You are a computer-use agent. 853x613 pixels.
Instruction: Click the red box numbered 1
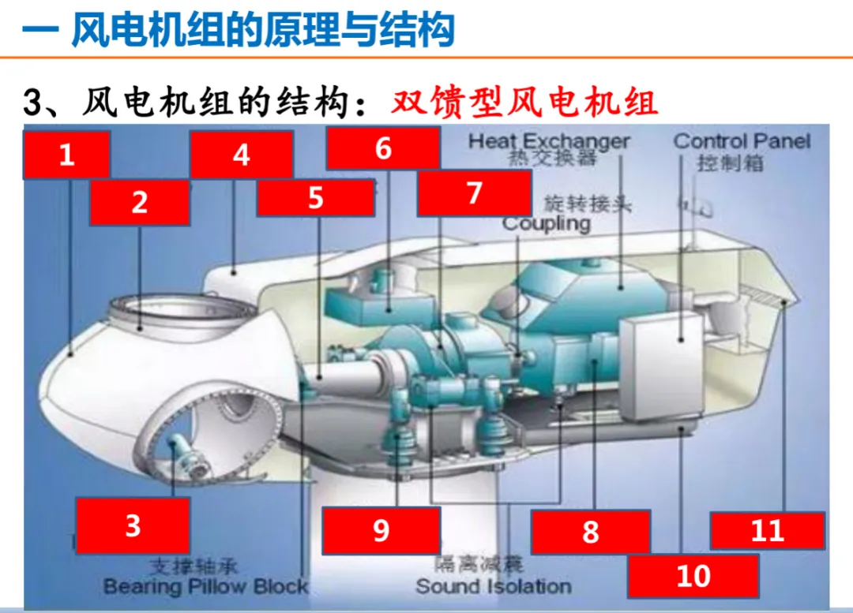[x=66, y=155]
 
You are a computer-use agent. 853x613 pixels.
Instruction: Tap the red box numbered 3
[x=133, y=525]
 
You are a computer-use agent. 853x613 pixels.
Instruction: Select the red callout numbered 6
[x=383, y=148]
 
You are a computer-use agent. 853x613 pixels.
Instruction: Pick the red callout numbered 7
[x=474, y=193]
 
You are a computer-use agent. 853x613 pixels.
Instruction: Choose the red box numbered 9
[x=381, y=530]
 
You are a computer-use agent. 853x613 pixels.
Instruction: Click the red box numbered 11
[x=767, y=530]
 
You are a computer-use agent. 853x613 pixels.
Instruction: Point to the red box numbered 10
[x=693, y=576]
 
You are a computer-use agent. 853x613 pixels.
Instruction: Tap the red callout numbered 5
[x=315, y=197]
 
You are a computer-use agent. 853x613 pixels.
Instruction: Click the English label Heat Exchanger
[x=549, y=141]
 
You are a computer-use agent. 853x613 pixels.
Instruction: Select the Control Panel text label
[x=742, y=141]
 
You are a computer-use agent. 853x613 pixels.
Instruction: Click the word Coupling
[x=547, y=223]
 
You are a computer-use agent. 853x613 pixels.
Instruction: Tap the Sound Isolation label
[x=494, y=586]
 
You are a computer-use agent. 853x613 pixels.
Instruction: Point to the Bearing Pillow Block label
[x=206, y=586]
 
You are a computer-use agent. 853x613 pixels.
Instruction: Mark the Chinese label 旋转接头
[x=588, y=204]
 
